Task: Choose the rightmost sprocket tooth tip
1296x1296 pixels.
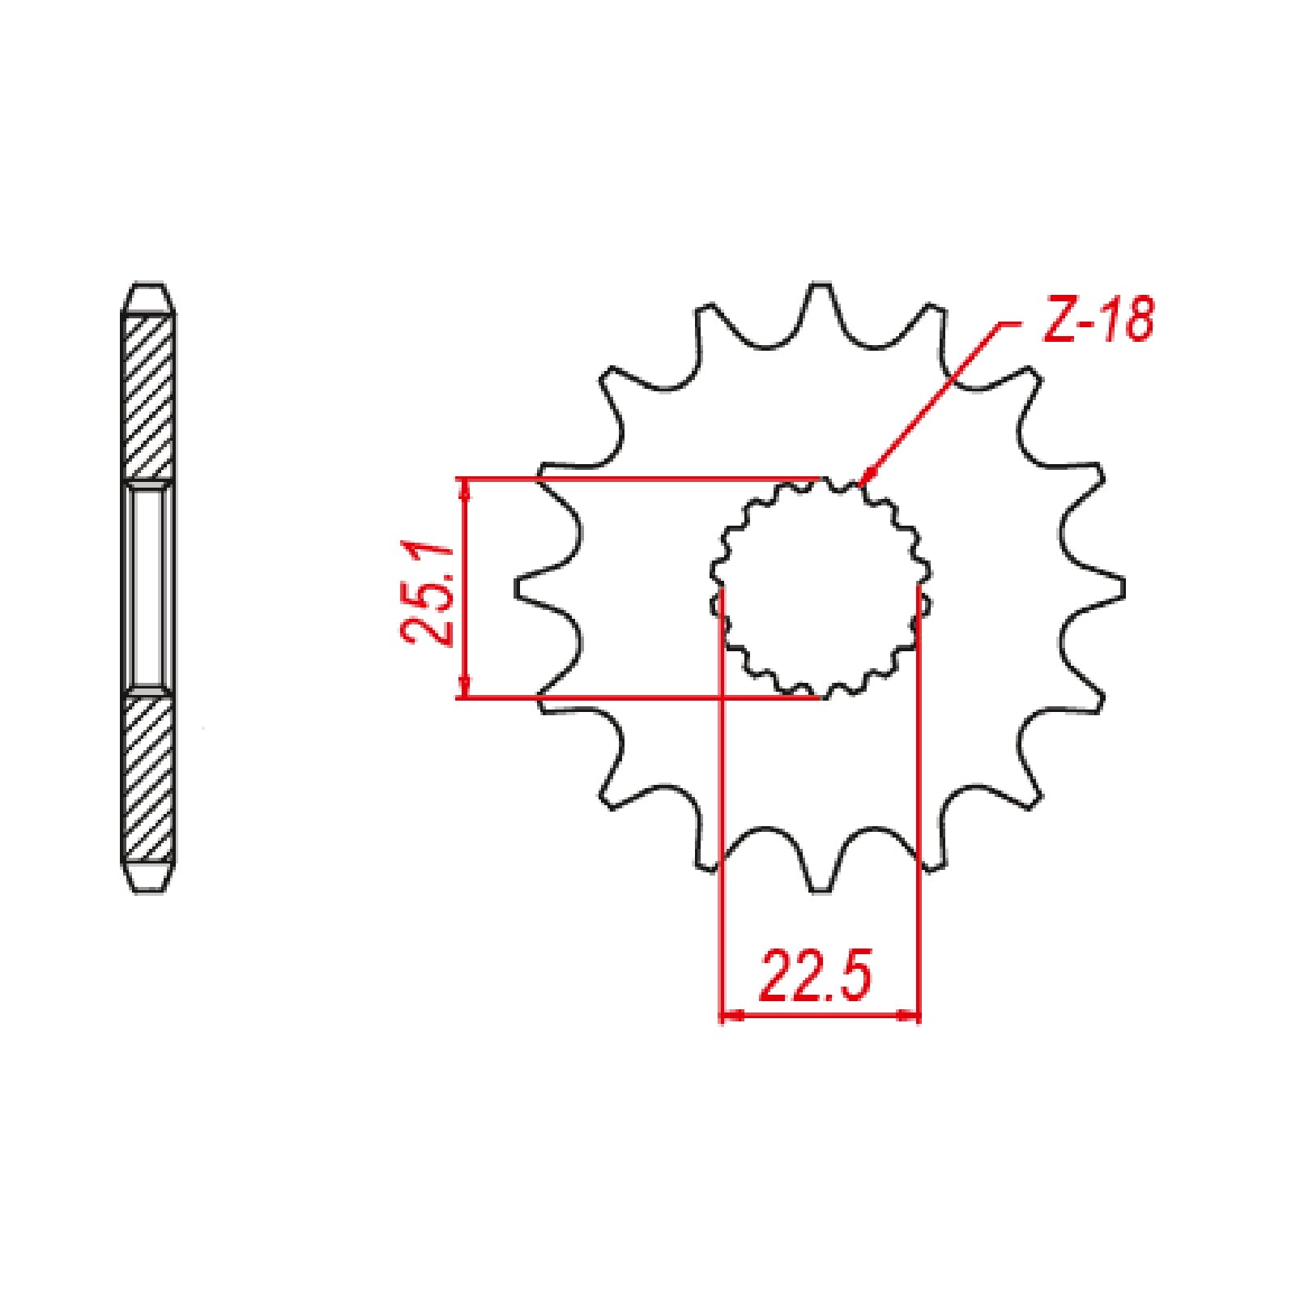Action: (x=1122, y=588)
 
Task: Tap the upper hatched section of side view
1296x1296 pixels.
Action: (x=148, y=397)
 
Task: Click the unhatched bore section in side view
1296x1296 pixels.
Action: (x=148, y=588)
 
